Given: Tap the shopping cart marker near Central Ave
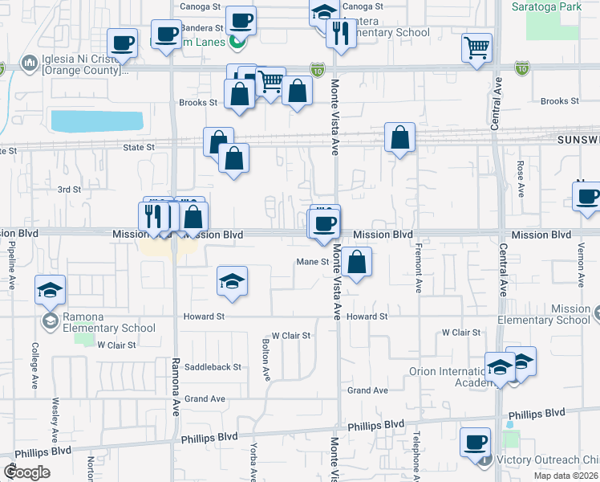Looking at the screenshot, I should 476,48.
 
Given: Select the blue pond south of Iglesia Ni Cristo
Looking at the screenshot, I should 97,120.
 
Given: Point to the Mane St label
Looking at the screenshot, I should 313,262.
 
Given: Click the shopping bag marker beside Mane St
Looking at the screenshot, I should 356,262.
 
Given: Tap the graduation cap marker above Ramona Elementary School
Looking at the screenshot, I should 51,289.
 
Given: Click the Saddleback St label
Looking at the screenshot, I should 213,367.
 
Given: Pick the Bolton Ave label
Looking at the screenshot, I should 266,359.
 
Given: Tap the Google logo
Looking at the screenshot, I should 26,472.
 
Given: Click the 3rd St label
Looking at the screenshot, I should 69,190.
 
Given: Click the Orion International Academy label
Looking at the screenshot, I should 449,377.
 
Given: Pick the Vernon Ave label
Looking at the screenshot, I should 580,265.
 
